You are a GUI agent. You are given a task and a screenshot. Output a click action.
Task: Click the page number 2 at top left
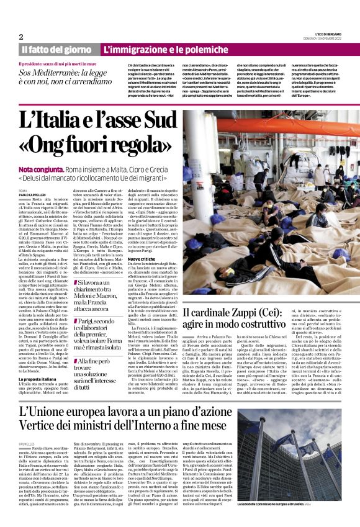(x=21, y=37)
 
